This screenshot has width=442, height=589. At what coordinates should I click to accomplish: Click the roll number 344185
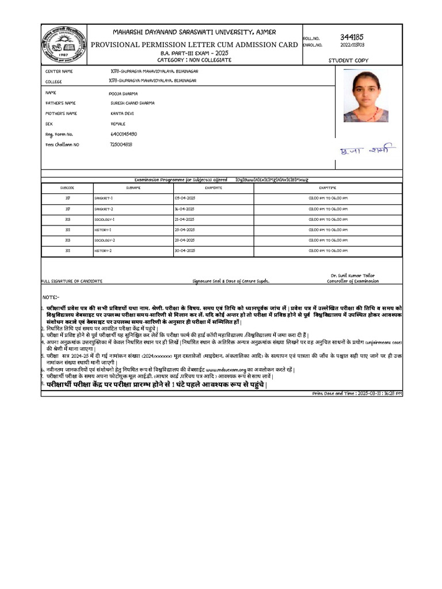pyautogui.click(x=352, y=37)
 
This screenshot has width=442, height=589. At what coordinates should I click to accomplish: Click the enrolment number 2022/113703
pyautogui.click(x=352, y=45)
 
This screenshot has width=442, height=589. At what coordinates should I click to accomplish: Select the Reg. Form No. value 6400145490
pyautogui.click(x=123, y=134)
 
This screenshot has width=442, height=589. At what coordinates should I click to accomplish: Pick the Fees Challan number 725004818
pyautogui.click(x=121, y=144)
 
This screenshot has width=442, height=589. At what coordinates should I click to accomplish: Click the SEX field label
pyautogui.click(x=48, y=124)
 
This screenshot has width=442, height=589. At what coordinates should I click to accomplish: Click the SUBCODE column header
pyautogui.click(x=67, y=188)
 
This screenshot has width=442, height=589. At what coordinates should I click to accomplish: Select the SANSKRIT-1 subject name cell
pyautogui.click(x=104, y=198)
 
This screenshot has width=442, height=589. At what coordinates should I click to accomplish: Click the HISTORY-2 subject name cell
pyautogui.click(x=103, y=251)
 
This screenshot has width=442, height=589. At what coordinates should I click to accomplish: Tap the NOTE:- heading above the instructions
pyautogui.click(x=51, y=297)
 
